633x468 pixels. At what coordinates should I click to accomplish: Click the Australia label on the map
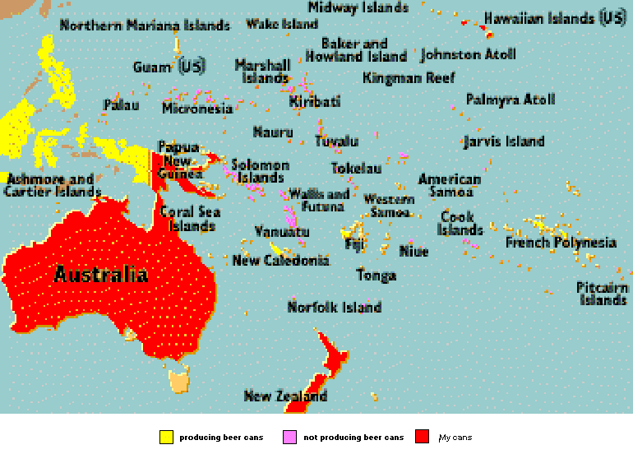(101, 275)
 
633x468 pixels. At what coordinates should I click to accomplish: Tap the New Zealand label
(285, 396)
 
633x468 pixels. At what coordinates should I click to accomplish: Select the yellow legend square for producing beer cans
(166, 437)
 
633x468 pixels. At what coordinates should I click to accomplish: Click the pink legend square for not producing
(289, 437)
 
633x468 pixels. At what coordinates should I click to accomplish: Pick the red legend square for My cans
(423, 437)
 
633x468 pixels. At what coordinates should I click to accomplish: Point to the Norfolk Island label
(334, 308)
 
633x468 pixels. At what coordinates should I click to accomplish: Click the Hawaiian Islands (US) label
(554, 18)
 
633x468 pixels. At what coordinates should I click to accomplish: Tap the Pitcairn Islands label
(603, 294)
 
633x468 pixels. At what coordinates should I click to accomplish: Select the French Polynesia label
(561, 243)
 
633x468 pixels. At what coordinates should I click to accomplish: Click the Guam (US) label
(169, 67)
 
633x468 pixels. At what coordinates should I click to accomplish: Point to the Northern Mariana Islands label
(145, 25)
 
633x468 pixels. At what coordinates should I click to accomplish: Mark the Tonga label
(377, 276)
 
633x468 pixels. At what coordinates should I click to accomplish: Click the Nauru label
(273, 132)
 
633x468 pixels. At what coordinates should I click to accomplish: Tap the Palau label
(121, 105)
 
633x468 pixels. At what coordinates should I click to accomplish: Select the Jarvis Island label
(503, 141)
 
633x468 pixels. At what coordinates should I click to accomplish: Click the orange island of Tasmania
(179, 381)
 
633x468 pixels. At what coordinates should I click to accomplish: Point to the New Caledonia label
(280, 261)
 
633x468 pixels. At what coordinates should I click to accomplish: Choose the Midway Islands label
(358, 8)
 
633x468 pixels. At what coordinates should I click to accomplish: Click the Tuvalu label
(336, 141)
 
